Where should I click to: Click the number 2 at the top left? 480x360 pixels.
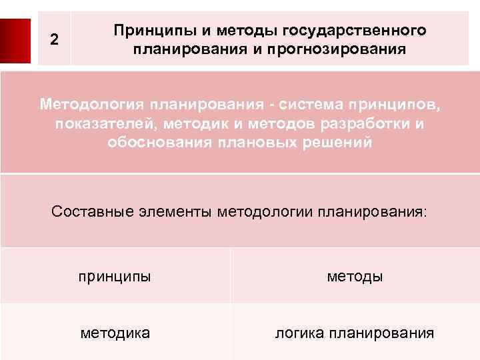[x=55, y=41]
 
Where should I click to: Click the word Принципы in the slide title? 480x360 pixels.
[x=147, y=31]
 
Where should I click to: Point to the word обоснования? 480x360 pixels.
[x=161, y=143]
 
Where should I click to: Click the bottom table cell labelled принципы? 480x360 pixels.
[x=115, y=276]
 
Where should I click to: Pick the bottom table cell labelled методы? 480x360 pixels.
[x=355, y=276]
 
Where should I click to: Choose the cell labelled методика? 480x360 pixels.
[x=115, y=331]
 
